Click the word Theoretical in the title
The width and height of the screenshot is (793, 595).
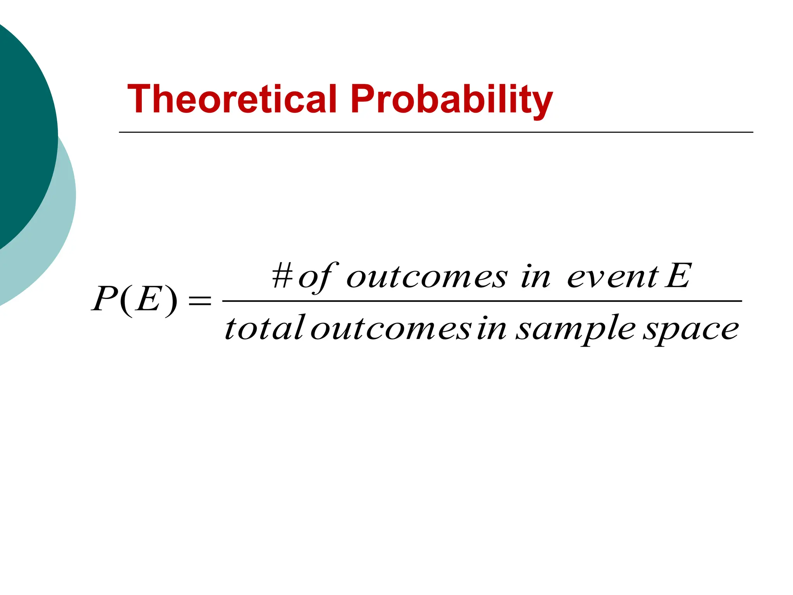click(x=232, y=99)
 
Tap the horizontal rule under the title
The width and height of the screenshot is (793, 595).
click(x=436, y=132)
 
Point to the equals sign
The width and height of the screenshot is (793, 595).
click(x=199, y=301)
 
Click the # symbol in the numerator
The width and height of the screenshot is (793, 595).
click(x=282, y=276)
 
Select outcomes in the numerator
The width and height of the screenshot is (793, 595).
click(x=426, y=277)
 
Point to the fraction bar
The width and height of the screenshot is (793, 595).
click(x=482, y=301)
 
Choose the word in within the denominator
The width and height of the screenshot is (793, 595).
click(x=491, y=328)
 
